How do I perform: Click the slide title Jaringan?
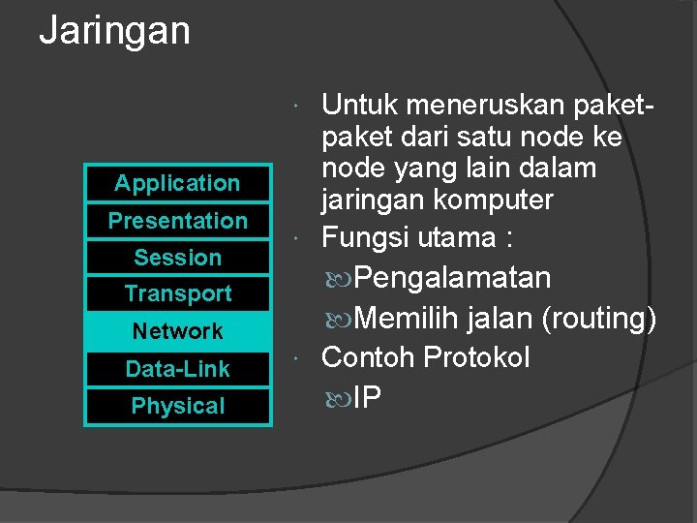pos(114,31)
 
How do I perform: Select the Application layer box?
pos(177,183)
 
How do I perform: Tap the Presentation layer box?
pos(177,221)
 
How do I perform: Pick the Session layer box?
pos(177,258)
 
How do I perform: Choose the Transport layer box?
pos(177,293)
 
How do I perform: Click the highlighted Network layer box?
pos(177,331)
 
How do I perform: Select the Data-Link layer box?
pos(177,369)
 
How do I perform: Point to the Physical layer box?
pos(177,407)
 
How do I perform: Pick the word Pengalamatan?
pos(452,279)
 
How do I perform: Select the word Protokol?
pos(479,357)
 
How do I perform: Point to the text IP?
pos(367,397)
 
